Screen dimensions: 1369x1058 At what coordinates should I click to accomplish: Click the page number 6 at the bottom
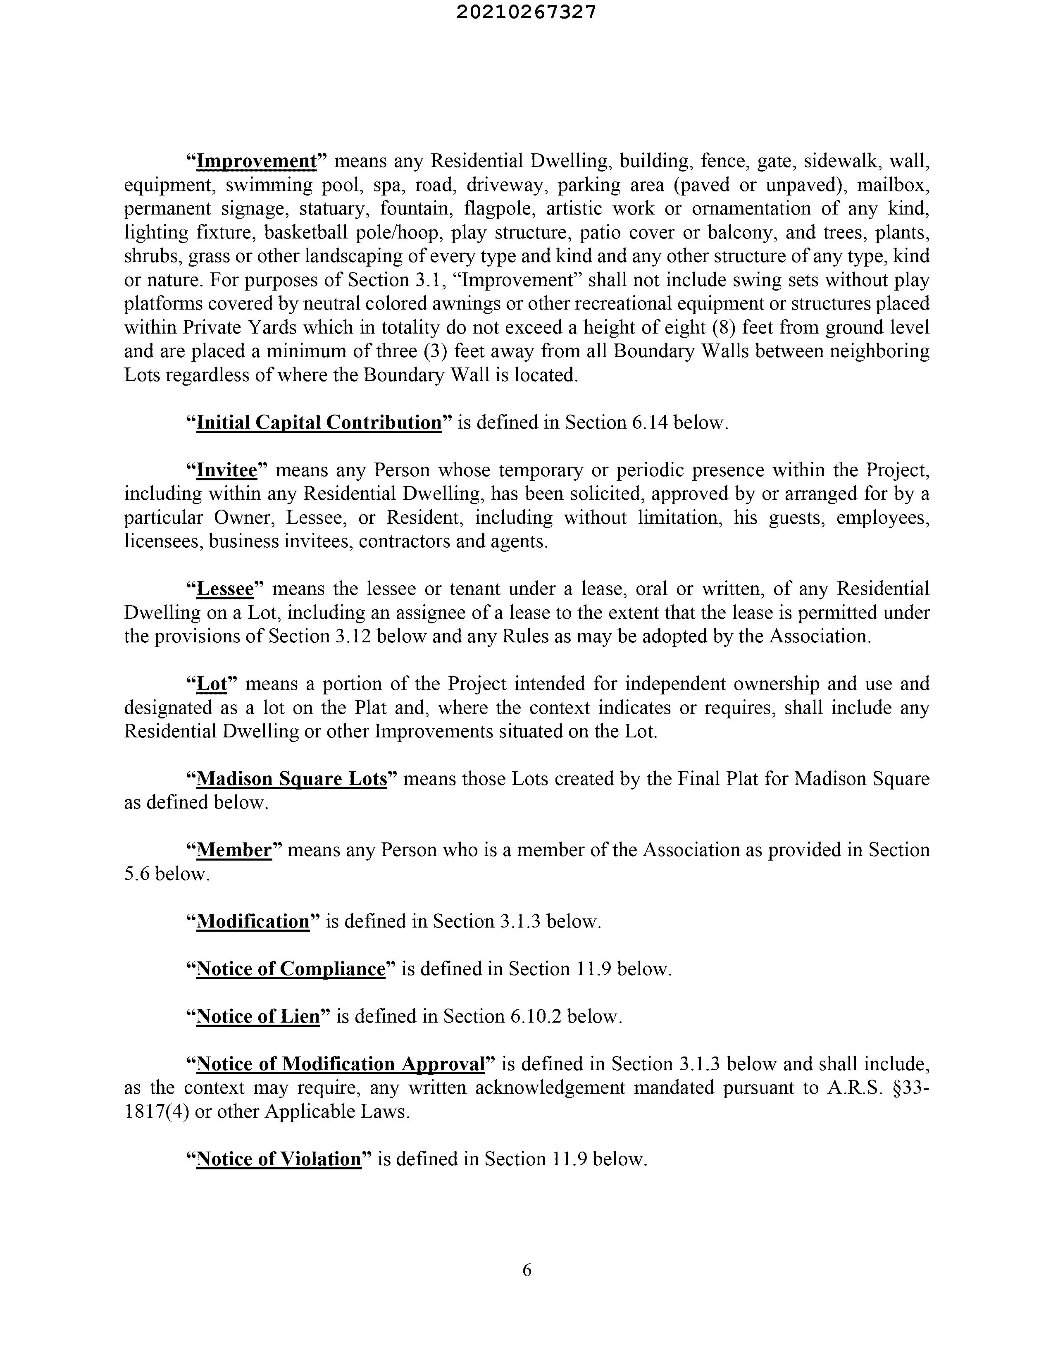coord(527,1269)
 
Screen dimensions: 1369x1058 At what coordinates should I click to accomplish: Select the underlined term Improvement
coord(256,161)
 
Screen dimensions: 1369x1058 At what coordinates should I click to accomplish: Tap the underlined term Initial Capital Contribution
coord(319,422)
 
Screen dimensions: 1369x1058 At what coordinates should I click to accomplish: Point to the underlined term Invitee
coord(227,470)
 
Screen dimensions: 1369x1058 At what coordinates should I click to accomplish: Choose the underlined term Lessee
coord(225,589)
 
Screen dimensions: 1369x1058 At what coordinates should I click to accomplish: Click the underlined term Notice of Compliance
coord(291,969)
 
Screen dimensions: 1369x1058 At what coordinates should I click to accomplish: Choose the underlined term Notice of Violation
coord(279,1159)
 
